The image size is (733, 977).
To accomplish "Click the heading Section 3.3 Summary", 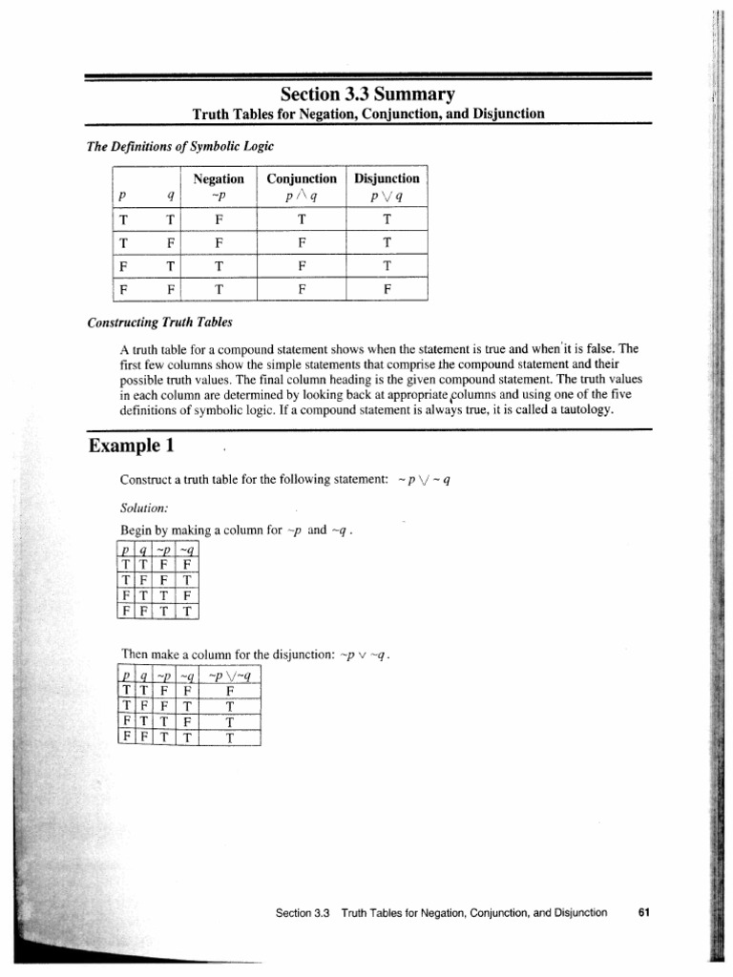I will pyautogui.click(x=367, y=94).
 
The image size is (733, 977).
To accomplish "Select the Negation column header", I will pyautogui.click(x=219, y=178).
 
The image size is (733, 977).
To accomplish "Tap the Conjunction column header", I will pyautogui.click(x=302, y=178).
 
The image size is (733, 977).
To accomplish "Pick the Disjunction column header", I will pyautogui.click(x=387, y=178).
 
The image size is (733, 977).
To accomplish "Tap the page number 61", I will pyautogui.click(x=643, y=912).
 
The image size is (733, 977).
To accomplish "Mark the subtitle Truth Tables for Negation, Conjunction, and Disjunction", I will pyautogui.click(x=367, y=114).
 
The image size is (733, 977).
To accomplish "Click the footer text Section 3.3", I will pyautogui.click(x=302, y=913).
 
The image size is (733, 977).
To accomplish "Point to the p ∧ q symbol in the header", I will pyautogui.click(x=302, y=197).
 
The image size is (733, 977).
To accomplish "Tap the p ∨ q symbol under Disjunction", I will pyautogui.click(x=387, y=197).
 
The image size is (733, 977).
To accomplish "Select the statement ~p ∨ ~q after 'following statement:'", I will pyautogui.click(x=422, y=479).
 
